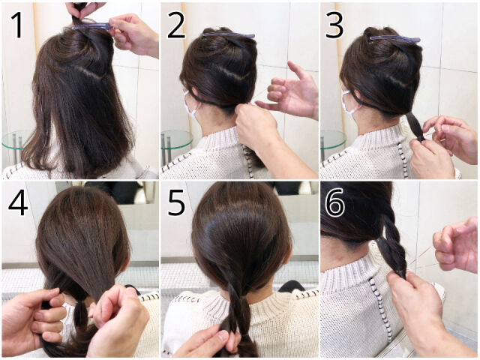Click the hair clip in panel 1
click(92, 27)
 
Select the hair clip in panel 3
click(395, 40)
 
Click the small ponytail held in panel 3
click(415, 126)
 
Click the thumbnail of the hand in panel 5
click(223, 337)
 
